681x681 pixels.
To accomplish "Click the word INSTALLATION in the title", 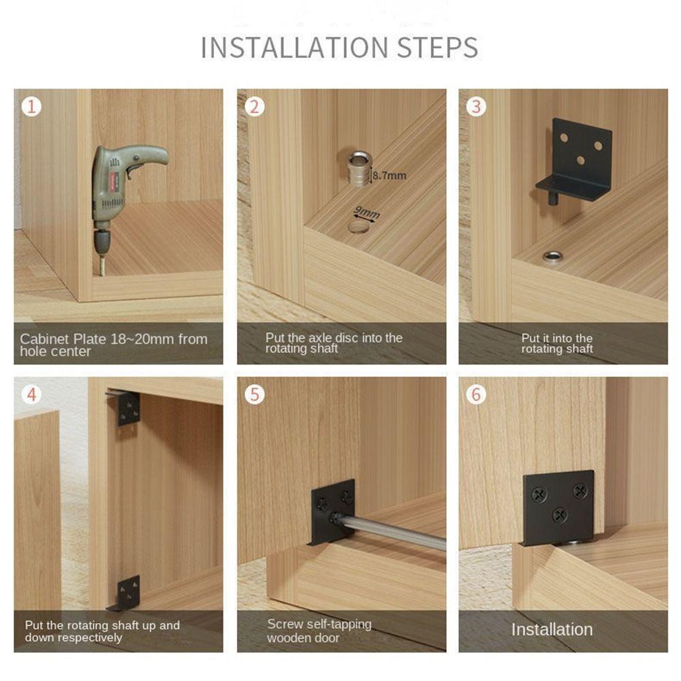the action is coord(294,48).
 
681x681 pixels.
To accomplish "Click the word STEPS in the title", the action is coord(438,48).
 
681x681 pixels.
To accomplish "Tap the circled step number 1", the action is coord(31,107).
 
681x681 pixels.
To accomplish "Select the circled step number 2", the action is coord(255,107).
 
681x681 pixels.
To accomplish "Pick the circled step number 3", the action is coord(477,107).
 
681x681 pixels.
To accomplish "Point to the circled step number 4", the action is coord(31,395).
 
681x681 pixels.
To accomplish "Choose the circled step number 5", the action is coord(255,395).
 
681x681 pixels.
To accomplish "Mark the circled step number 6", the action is coord(477,395).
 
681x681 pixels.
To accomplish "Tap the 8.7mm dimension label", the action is coord(389,176).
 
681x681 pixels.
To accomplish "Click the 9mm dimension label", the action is coord(367,212).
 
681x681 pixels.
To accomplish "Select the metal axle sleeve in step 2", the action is coord(359,168).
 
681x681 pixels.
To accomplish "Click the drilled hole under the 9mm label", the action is coord(360,226).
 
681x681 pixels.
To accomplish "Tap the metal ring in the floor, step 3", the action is coord(552,257).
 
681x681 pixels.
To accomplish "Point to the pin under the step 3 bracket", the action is coord(553,198).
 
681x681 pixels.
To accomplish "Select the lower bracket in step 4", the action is coord(125,593).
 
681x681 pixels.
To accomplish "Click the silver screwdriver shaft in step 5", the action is coord(391,530).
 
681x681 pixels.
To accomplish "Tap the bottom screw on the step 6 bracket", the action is coord(559,516).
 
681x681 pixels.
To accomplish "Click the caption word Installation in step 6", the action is coord(552,630).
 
